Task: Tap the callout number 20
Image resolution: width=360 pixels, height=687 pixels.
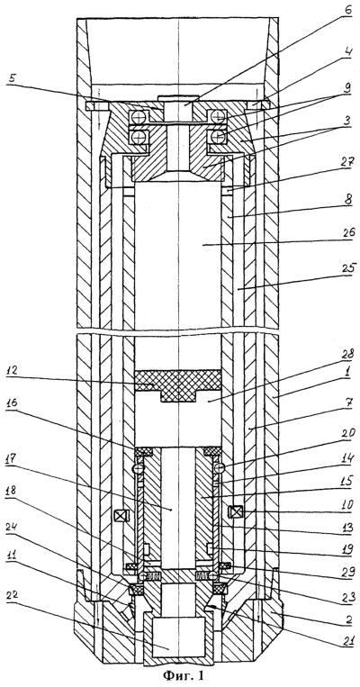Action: click(x=337, y=441)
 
